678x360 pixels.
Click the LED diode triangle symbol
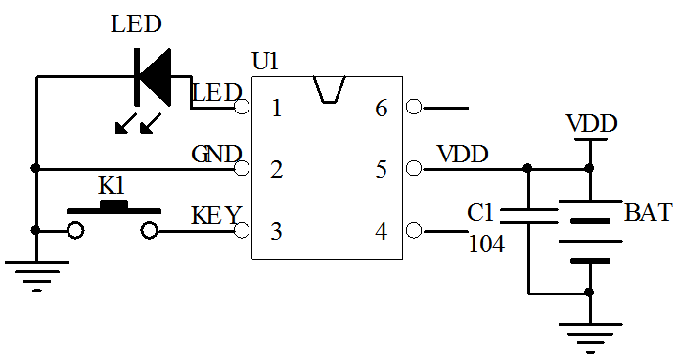[153, 76]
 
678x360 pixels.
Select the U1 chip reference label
[265, 62]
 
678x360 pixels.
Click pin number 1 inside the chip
[276, 108]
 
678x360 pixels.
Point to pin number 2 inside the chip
[276, 170]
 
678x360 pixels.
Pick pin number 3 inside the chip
[276, 232]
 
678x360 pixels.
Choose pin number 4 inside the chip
[382, 232]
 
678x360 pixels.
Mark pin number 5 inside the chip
[382, 170]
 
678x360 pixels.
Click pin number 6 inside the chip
[382, 108]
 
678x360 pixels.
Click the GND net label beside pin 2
[215, 155]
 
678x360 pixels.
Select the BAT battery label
[648, 213]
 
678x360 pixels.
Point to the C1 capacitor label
[482, 213]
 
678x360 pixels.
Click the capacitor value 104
[487, 245]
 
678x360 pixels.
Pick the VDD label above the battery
[592, 124]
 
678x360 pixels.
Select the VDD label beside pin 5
[463, 155]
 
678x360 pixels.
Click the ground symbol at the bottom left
[35, 274]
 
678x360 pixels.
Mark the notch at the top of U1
[329, 87]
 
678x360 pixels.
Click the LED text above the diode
[137, 24]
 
